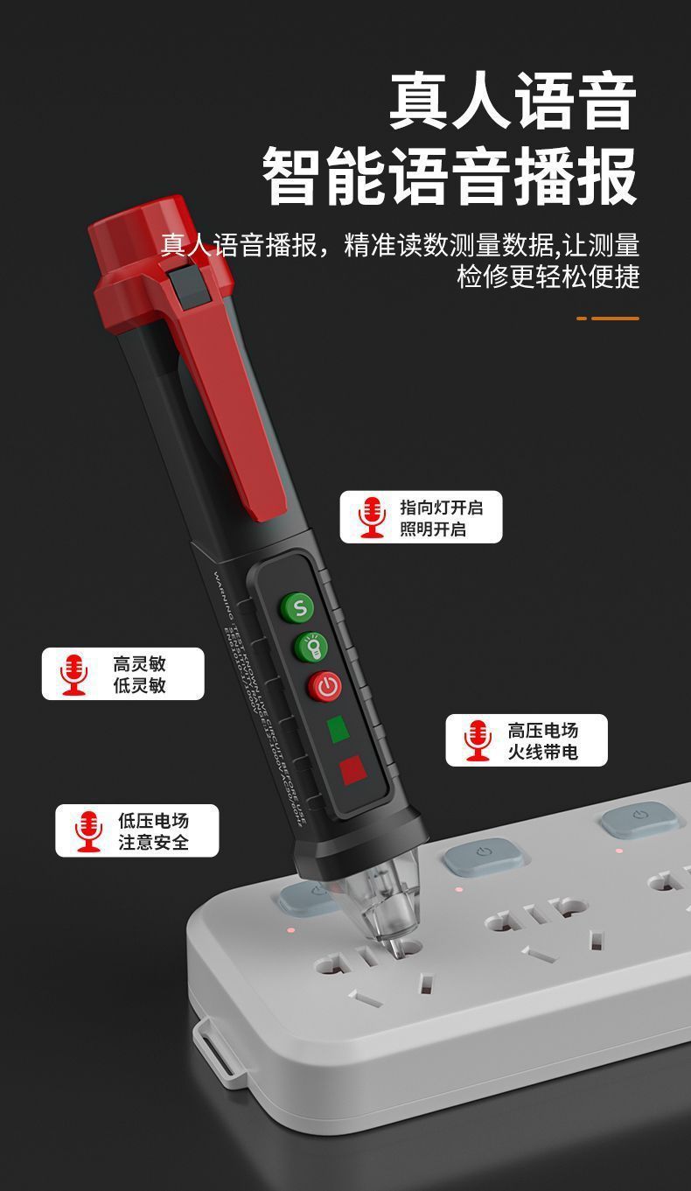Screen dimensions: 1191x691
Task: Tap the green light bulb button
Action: click(x=312, y=647)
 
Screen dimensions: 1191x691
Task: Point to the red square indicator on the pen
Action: click(x=352, y=769)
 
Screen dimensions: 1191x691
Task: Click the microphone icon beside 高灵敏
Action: click(x=74, y=674)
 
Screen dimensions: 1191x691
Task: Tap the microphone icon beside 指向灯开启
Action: click(x=373, y=516)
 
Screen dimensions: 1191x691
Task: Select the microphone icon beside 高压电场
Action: click(x=478, y=740)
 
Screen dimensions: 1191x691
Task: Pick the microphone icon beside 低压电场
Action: click(x=88, y=830)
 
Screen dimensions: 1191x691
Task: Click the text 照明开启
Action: click(x=433, y=529)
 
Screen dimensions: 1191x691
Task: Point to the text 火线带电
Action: click(x=543, y=752)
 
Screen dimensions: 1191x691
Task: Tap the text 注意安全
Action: click(x=154, y=842)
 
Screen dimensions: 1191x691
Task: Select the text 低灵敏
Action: click(x=139, y=685)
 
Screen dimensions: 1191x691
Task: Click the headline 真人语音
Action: click(x=513, y=102)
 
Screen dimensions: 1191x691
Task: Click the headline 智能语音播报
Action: click(x=450, y=177)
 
